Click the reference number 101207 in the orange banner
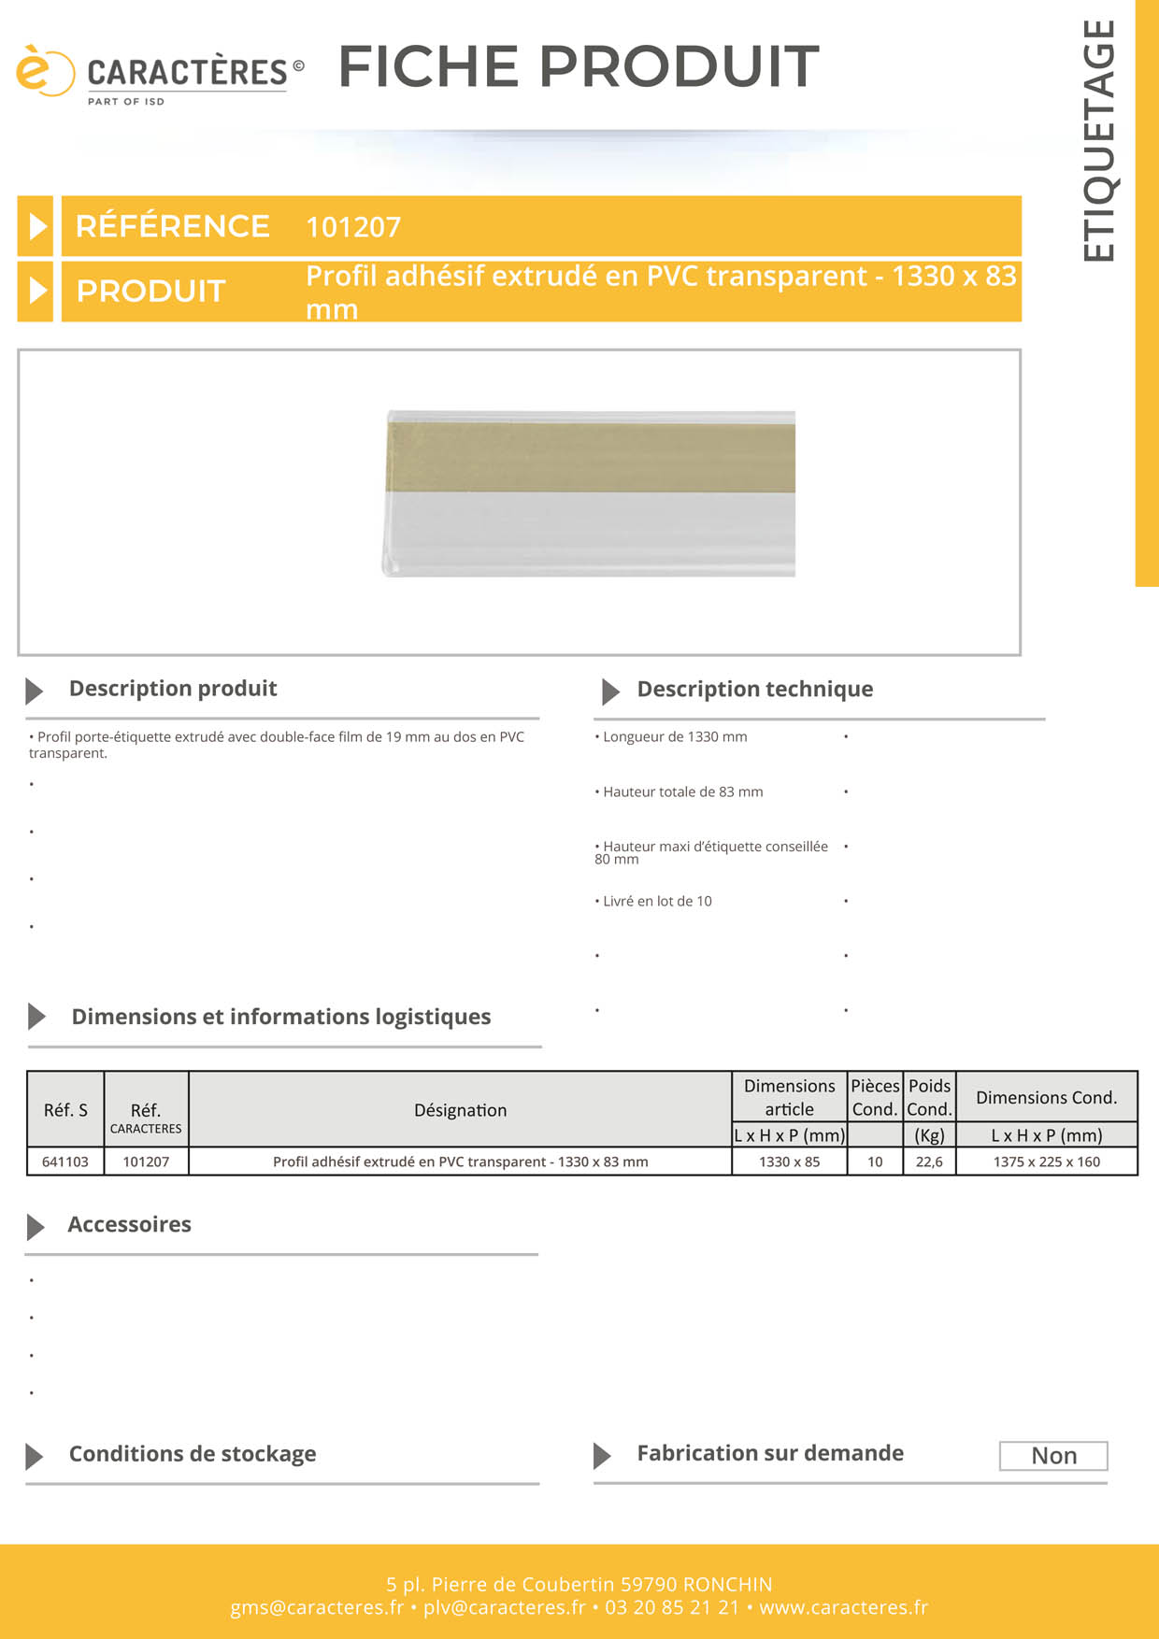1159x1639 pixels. tap(353, 227)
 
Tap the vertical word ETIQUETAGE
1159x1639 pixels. tap(1099, 141)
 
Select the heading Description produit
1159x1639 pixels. tap(173, 689)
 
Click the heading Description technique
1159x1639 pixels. tap(754, 690)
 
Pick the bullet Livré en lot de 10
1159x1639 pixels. tap(657, 902)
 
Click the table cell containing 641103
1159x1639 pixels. tap(65, 1162)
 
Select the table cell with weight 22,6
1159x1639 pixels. tap(929, 1162)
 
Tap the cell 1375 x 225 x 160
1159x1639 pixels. tap(1046, 1162)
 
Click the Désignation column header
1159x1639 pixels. tap(460, 1110)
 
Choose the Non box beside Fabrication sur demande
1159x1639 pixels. tap(1053, 1456)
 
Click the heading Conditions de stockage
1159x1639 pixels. tap(193, 1454)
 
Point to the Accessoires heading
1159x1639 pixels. tap(129, 1225)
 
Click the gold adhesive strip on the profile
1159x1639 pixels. tap(591, 457)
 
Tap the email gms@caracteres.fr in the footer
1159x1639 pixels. tap(317, 1607)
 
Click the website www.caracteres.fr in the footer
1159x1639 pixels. tap(843, 1607)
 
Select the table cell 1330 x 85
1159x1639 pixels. tap(789, 1162)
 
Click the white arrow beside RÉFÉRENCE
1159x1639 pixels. tap(37, 226)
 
